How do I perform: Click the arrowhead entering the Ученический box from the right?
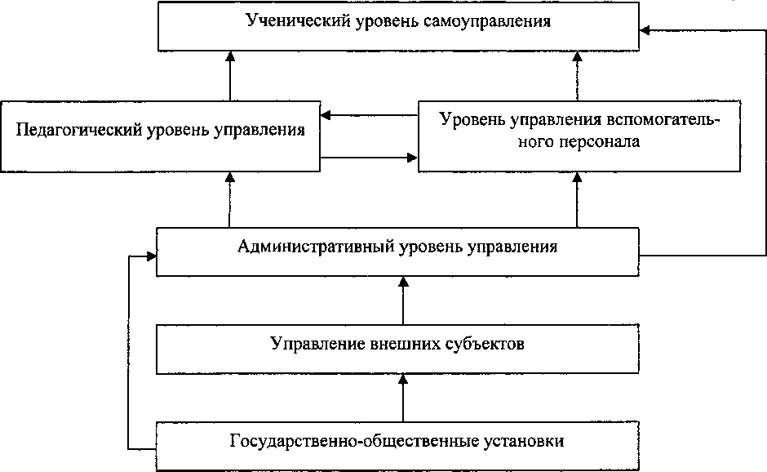(645, 30)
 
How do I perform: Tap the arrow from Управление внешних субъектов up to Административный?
(402, 301)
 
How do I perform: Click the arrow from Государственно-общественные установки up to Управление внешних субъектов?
(402, 398)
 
